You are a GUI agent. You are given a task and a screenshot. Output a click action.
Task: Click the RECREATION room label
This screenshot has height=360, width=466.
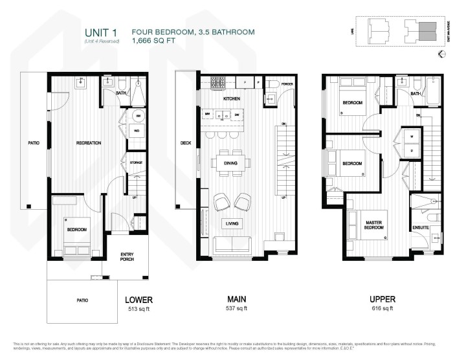88,143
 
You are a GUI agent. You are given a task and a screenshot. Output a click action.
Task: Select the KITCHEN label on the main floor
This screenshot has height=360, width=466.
232,99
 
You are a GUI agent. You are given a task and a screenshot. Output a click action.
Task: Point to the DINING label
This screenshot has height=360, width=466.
231,163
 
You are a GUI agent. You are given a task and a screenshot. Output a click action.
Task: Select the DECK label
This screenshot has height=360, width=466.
186,143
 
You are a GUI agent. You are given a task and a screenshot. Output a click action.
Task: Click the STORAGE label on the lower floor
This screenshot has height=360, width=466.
136,162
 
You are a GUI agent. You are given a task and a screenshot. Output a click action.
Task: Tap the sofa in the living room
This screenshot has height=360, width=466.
231,245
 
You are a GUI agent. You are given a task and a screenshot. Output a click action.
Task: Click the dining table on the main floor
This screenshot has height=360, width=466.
231,163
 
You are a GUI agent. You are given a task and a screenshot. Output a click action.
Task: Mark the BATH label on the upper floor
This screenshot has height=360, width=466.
415,93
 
